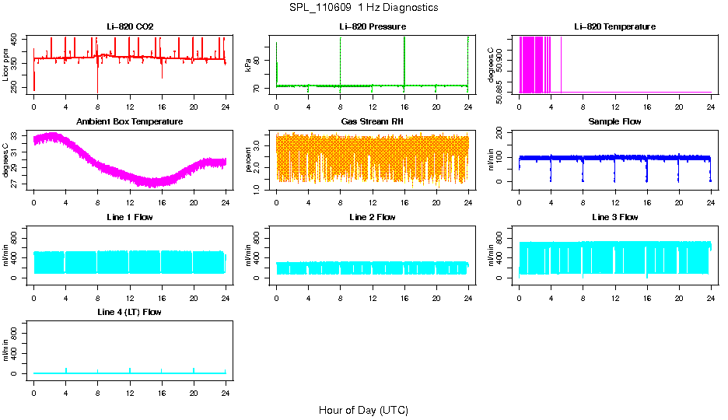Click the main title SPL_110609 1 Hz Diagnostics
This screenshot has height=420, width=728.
pyautogui.click(x=363, y=8)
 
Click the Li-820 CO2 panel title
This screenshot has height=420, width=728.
pyautogui.click(x=130, y=27)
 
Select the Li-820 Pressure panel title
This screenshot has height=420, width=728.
pyautogui.click(x=373, y=27)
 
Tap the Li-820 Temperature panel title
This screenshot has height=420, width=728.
pyautogui.click(x=614, y=27)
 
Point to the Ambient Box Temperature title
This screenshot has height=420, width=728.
pyautogui.click(x=130, y=122)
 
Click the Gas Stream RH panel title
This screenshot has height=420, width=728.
pyautogui.click(x=373, y=122)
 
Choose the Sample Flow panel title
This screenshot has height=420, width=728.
pyautogui.click(x=614, y=122)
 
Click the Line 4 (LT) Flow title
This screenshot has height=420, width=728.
pyautogui.click(x=130, y=312)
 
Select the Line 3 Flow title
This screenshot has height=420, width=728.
pyautogui.click(x=614, y=217)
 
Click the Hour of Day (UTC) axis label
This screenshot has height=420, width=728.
pyautogui.click(x=363, y=410)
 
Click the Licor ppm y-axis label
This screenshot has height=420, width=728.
pyautogui.click(x=6, y=65)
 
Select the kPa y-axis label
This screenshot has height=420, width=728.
pyautogui.click(x=249, y=65)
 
